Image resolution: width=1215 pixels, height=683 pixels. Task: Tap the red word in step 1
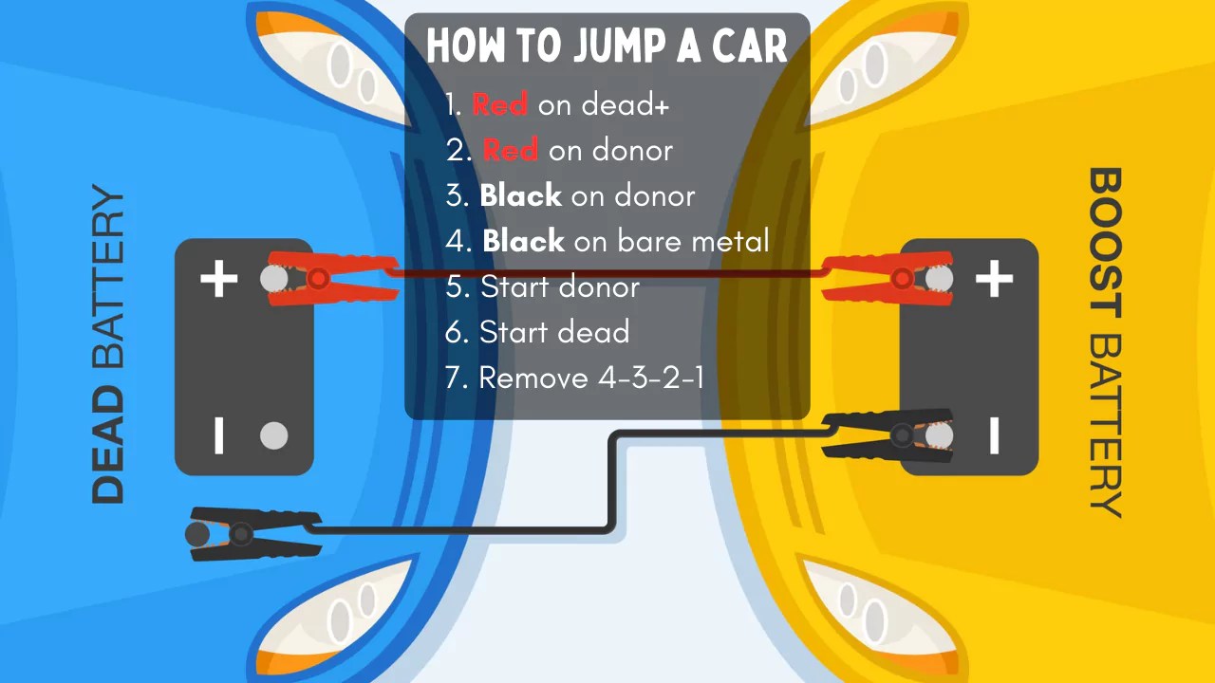pos(499,104)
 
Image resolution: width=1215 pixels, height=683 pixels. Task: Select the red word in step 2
pos(510,150)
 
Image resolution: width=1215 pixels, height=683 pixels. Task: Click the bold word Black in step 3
pos(520,195)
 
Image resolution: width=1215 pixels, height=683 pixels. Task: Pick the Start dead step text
pos(554,332)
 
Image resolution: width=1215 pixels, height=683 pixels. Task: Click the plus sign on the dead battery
pos(219,279)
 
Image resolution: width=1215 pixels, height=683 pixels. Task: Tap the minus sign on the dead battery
pos(219,435)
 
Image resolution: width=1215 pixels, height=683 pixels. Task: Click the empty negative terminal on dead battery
pos(273,435)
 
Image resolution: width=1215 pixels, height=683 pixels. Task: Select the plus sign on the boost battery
pos(994,279)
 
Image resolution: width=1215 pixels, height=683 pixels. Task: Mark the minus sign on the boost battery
pos(994,435)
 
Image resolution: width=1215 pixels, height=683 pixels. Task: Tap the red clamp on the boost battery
pos(888,278)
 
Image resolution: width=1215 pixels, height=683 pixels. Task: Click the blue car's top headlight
pos(342,66)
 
